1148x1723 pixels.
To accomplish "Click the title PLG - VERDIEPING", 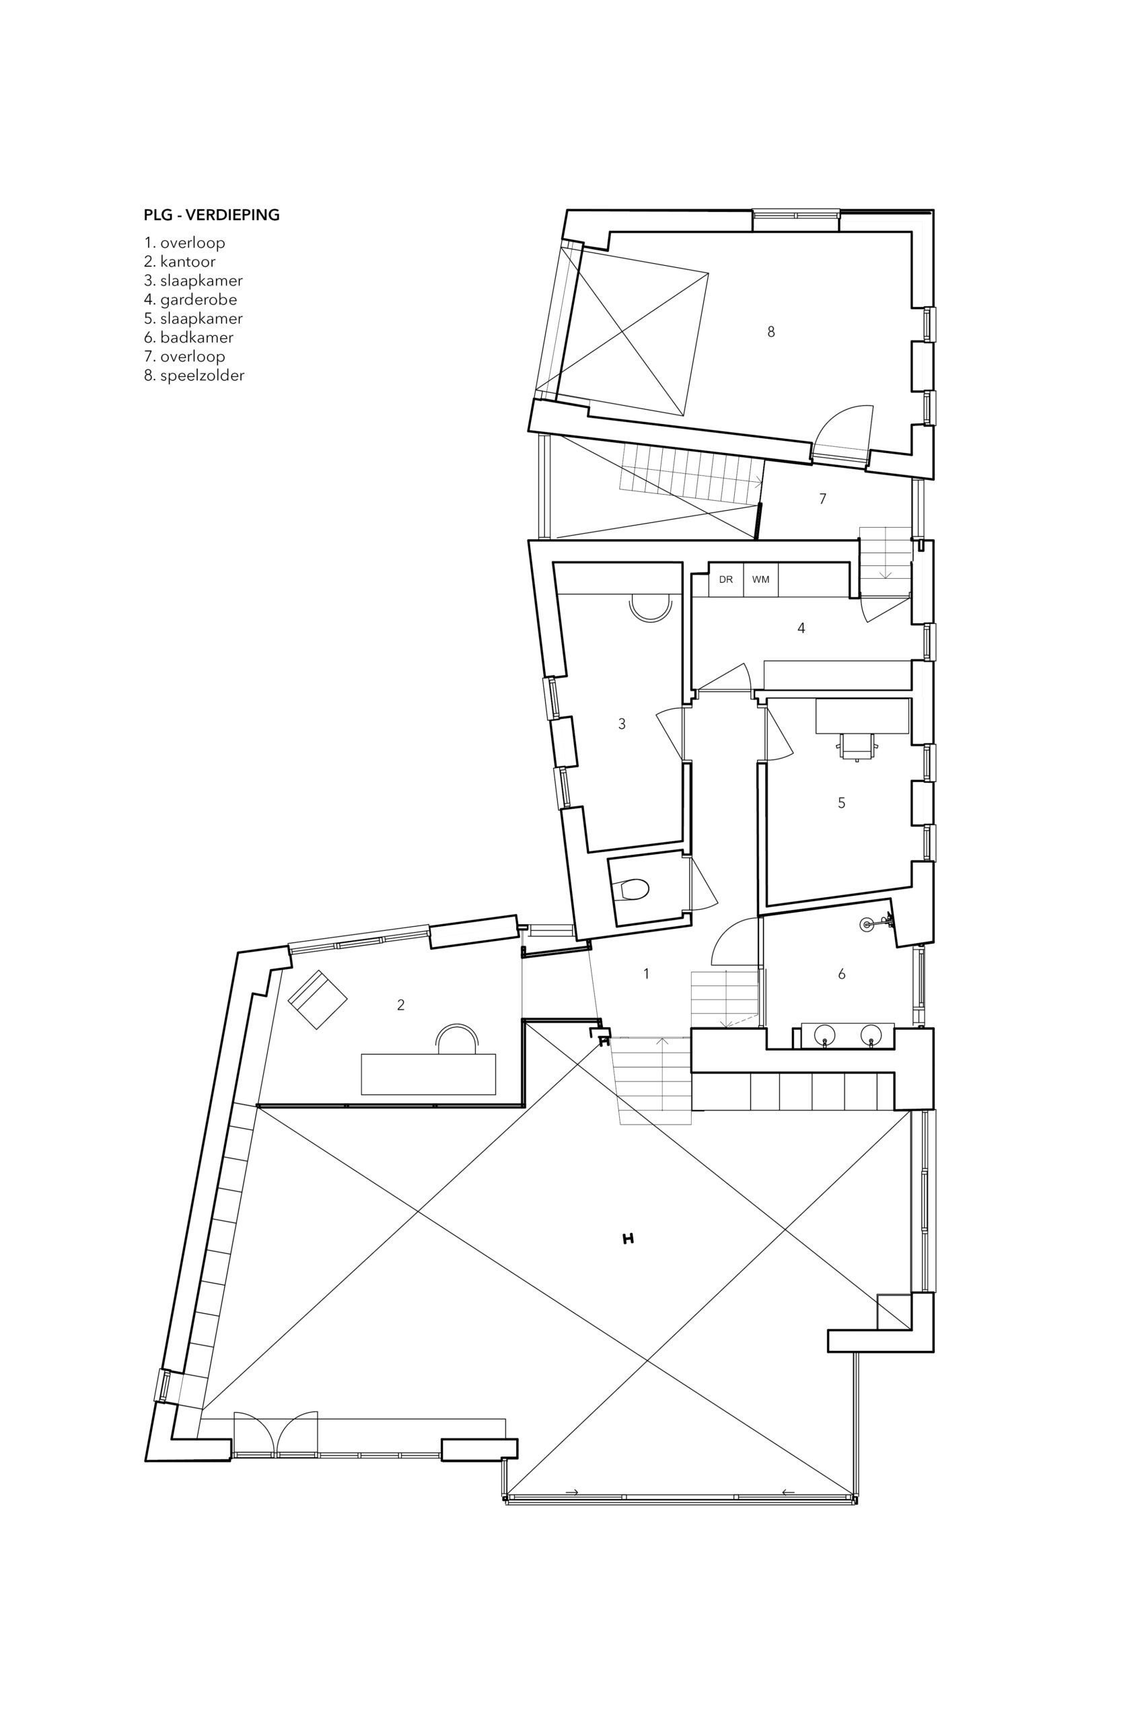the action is (x=211, y=215).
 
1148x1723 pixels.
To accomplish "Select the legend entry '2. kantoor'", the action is (x=180, y=261).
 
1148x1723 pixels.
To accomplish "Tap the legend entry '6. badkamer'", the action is (x=189, y=338).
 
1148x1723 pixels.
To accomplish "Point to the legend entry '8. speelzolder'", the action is (x=194, y=376).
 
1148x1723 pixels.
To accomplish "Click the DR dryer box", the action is (x=725, y=579).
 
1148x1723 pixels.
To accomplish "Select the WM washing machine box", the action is (x=760, y=579).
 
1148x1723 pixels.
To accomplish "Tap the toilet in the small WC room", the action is (x=634, y=890).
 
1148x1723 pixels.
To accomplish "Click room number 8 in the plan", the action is (x=771, y=332).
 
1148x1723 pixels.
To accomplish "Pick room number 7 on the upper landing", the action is (x=823, y=499).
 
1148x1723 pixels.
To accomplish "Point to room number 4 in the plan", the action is (x=801, y=628).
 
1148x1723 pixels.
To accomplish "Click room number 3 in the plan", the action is (x=622, y=724).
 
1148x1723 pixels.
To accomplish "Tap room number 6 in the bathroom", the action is (x=842, y=974).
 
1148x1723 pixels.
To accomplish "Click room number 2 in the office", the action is (x=400, y=1006).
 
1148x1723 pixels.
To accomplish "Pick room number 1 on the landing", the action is (x=646, y=974).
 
